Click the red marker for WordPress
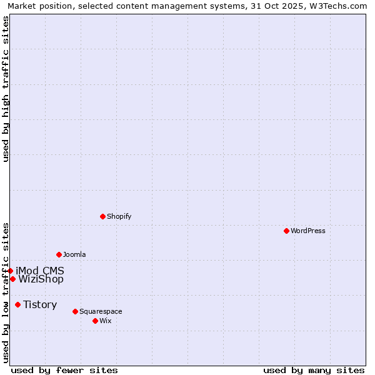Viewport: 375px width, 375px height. pos(286,231)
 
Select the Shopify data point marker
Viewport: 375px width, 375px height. pos(102,216)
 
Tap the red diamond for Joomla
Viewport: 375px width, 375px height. pos(59,254)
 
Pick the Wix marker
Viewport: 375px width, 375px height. pos(95,321)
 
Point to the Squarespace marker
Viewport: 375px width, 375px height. pos(75,311)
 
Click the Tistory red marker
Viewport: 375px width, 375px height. pos(17,304)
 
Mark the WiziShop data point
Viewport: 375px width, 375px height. pos(12,279)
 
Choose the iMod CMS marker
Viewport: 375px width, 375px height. pos(10,271)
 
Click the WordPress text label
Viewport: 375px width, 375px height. pos(308,231)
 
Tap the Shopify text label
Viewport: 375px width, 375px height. pos(119,216)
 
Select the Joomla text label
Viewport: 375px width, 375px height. pos(74,254)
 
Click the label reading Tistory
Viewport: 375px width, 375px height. pos(40,304)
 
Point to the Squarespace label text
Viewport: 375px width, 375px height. pos(101,311)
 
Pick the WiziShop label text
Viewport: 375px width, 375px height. pos(41,279)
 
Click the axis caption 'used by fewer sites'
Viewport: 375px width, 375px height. pos(64,370)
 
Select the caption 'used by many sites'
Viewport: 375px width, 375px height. pos(314,370)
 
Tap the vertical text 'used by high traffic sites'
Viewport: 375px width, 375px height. pos(6,89)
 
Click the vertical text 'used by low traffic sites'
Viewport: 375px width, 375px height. pos(6,292)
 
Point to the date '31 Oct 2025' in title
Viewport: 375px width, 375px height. pos(273,6)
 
